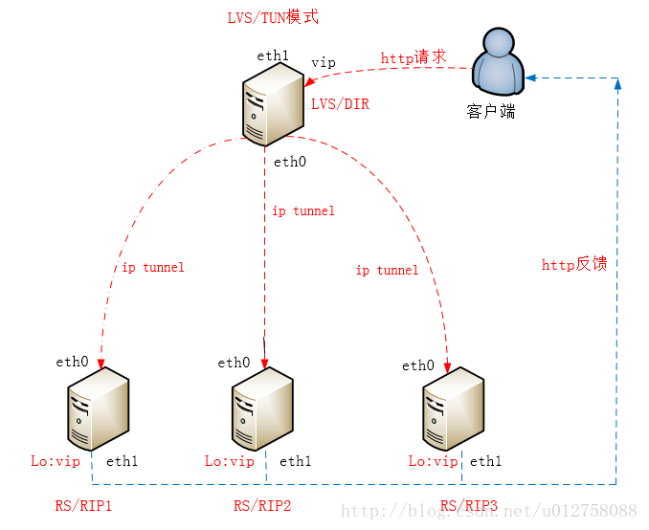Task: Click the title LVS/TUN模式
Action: tap(272, 18)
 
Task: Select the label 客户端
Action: tap(491, 112)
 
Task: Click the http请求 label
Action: tap(414, 57)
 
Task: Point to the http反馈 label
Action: tap(574, 265)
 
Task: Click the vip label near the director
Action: tap(324, 62)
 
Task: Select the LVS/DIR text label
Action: tap(340, 104)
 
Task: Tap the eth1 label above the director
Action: tap(273, 55)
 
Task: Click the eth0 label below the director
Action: tap(290, 162)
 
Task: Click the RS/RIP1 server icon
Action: tap(98, 411)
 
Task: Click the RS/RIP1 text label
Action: tap(83, 505)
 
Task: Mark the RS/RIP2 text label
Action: tap(262, 505)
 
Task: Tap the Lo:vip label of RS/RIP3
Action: tap(434, 461)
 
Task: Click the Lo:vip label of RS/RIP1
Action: tap(56, 461)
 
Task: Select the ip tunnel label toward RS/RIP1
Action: tap(152, 267)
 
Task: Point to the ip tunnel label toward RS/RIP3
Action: tap(387, 270)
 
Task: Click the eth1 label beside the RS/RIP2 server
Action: tap(295, 461)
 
